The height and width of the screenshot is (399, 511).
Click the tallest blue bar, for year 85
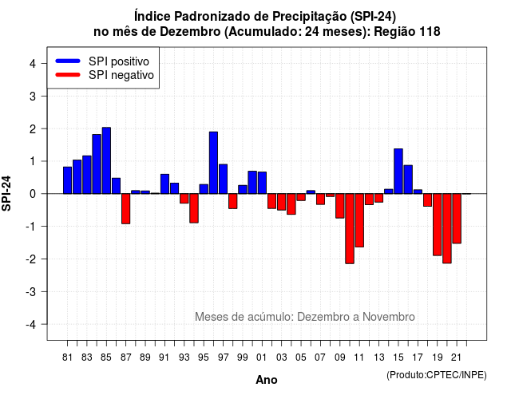[x=106, y=160]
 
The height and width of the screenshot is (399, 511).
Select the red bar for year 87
[x=126, y=209]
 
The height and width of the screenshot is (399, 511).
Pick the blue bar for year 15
[x=398, y=172]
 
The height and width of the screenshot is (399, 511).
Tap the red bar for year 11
[x=359, y=220]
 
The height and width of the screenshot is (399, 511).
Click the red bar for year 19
[x=438, y=225]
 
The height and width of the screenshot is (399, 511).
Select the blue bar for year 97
[x=224, y=179]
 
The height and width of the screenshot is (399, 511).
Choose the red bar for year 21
[x=457, y=219]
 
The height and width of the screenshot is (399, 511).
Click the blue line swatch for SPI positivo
[x=68, y=61]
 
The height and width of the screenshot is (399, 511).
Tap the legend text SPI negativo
[x=121, y=75]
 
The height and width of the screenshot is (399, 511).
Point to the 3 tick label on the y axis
[x=33, y=97]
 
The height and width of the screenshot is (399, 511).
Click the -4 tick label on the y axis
[x=31, y=325]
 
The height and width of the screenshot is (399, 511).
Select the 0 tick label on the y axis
[x=33, y=194]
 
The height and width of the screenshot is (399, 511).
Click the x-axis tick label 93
[x=184, y=358]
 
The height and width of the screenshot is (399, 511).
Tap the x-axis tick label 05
[x=301, y=358]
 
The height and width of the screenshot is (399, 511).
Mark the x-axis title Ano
[x=267, y=380]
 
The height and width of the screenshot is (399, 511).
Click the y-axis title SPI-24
[x=6, y=193]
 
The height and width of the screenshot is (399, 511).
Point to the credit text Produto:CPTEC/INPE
[x=437, y=375]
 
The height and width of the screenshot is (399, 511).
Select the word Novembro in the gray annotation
[x=389, y=317]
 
